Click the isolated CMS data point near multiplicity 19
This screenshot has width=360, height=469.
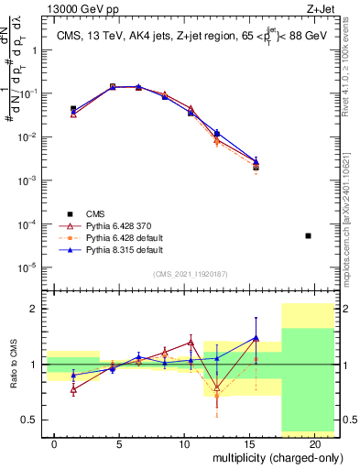(x=308, y=235)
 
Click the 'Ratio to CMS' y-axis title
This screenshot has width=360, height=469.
(x=14, y=365)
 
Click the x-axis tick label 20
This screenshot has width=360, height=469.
(x=314, y=443)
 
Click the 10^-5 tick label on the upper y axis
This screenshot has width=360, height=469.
(x=27, y=267)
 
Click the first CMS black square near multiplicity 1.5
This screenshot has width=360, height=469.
(x=73, y=109)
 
